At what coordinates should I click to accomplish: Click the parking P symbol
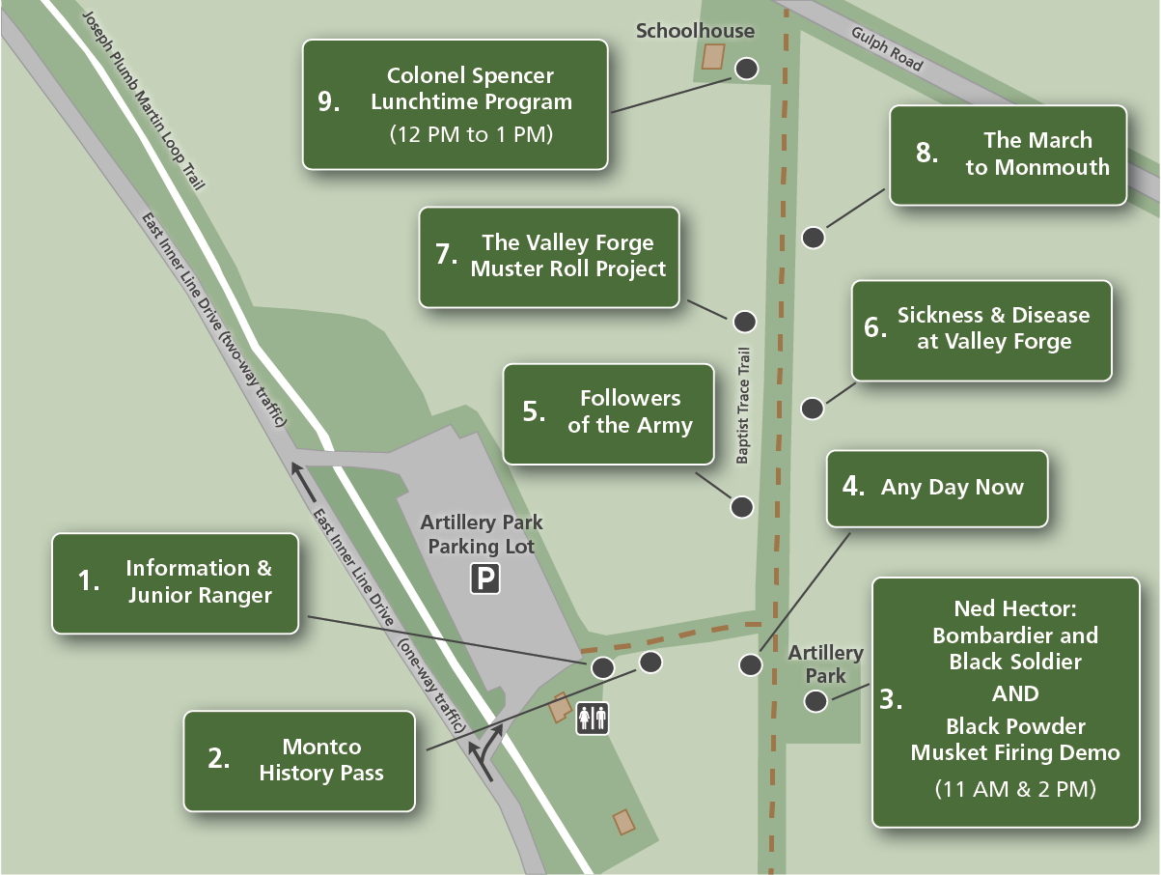point(484,579)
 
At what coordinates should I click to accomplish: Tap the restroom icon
point(592,719)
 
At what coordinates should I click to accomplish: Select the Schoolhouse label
point(695,31)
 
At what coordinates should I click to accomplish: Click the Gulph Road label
point(887,49)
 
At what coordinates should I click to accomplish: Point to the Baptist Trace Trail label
point(742,407)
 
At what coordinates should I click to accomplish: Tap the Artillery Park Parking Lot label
point(482,534)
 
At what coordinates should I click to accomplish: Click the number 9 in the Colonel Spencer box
point(329,102)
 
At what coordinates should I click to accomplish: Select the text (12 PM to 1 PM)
point(471,134)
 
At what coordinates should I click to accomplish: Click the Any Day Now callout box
point(937,488)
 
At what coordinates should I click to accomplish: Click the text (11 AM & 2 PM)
point(1015,788)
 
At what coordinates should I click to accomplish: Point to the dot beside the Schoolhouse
point(746,69)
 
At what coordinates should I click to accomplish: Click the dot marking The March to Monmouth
point(814,237)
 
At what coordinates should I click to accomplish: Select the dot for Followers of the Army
point(741,506)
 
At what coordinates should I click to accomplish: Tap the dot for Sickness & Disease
point(814,408)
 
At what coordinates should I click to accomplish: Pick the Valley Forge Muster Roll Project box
point(549,256)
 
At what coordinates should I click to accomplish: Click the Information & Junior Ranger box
point(175,582)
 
